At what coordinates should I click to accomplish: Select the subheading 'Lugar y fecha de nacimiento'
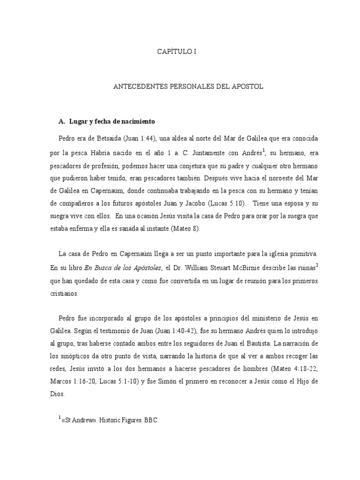[112, 121]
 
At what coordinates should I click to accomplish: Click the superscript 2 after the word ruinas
[317, 265]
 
